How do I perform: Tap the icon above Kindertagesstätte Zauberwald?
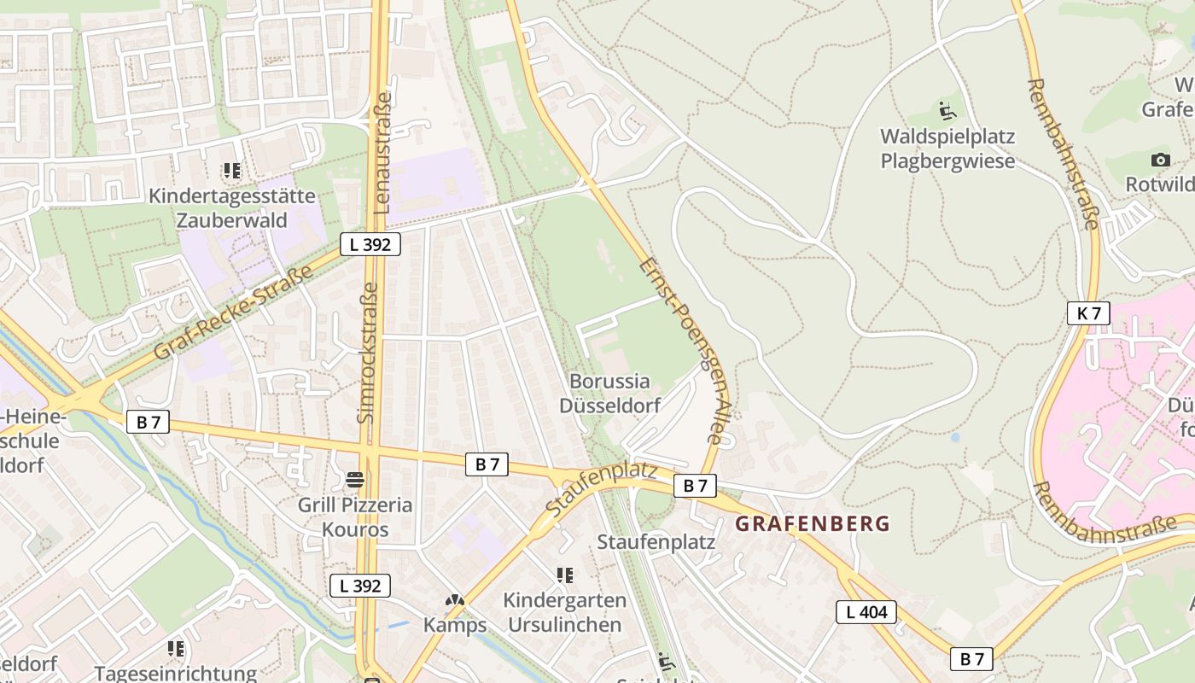tap(231, 172)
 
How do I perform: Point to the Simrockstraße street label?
tap(366, 353)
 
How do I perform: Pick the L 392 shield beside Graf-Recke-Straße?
tap(370, 244)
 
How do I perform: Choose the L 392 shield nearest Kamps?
tap(360, 586)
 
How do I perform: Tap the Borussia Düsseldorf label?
tap(609, 393)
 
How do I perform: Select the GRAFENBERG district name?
tap(813, 523)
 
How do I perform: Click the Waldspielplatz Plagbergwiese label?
tap(947, 149)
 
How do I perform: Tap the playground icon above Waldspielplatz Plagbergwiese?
tap(947, 110)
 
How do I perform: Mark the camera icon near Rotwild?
tap(1160, 160)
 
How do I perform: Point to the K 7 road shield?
tap(1088, 313)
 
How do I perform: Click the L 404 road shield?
tap(866, 611)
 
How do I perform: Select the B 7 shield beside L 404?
tap(971, 658)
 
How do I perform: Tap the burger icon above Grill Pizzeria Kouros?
tap(355, 480)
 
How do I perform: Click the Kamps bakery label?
tap(455, 625)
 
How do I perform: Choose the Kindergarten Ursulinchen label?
tap(564, 612)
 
